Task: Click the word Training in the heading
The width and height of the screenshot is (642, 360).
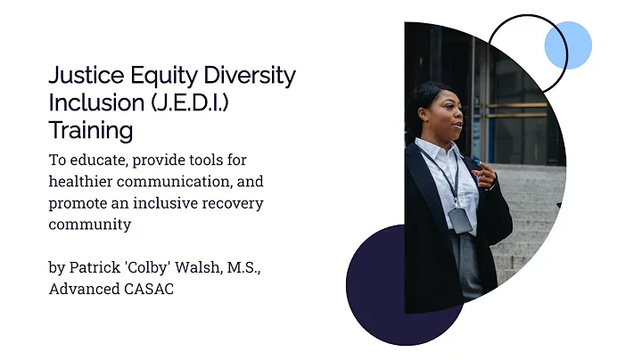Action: pos(90,130)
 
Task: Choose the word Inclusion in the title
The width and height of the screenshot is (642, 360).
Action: pos(94,102)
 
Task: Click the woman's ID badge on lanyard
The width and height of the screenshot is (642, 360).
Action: pos(460,219)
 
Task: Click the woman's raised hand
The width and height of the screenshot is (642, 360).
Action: pos(485,176)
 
